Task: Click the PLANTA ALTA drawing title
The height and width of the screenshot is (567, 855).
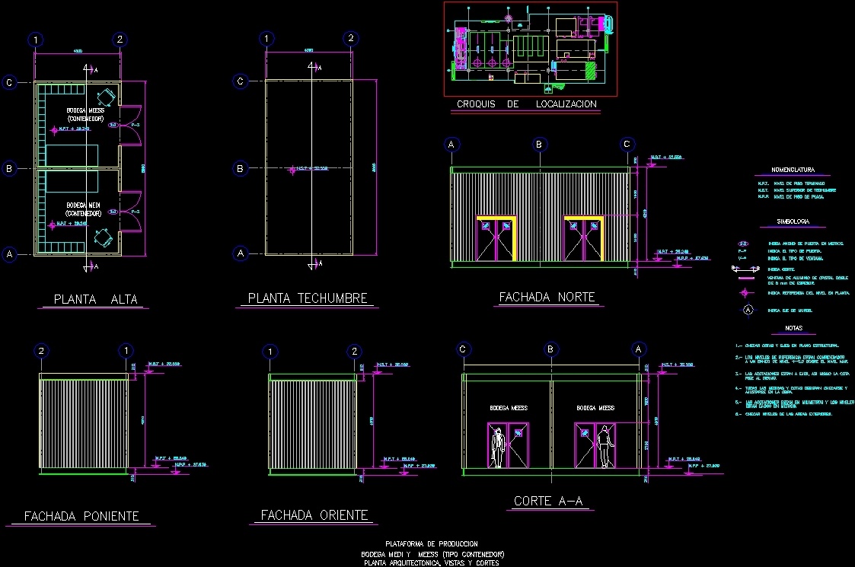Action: pos(95,299)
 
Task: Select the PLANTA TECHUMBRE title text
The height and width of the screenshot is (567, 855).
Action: pos(308,298)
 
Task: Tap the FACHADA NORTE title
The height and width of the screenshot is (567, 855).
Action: pos(547,297)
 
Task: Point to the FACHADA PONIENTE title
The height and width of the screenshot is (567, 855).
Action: pos(81,516)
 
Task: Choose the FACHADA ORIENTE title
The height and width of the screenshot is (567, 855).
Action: pos(314,515)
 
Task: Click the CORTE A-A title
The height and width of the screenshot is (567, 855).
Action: pos(548,501)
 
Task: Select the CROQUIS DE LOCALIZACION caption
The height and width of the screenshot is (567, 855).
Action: pos(526,104)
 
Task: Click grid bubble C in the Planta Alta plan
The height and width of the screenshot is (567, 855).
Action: pos(9,82)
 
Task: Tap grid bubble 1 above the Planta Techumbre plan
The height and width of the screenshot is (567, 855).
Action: pos(266,39)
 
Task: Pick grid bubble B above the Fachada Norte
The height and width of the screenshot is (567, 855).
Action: pos(539,145)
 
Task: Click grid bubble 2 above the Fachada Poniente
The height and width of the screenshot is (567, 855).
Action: pos(41,351)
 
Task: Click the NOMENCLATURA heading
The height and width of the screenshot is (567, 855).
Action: pos(793,170)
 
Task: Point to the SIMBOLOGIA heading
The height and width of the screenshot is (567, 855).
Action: pos(793,222)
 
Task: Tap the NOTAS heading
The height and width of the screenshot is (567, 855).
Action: pos(793,328)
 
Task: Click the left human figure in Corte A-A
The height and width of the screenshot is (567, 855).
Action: pos(497,448)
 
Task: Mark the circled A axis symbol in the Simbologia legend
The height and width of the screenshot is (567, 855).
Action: pos(748,310)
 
